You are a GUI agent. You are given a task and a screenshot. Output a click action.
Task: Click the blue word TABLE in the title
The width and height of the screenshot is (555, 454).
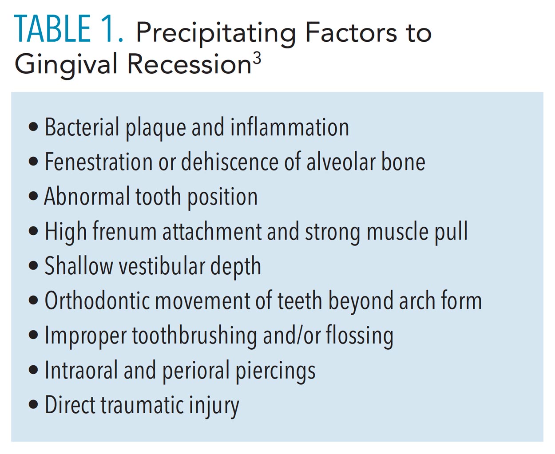click(52, 29)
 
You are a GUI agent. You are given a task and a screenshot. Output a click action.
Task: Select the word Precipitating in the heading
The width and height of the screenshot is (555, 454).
click(216, 33)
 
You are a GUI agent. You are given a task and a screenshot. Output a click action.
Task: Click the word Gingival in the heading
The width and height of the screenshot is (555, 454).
click(66, 64)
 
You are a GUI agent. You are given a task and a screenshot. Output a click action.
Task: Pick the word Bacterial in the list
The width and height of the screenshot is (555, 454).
click(82, 127)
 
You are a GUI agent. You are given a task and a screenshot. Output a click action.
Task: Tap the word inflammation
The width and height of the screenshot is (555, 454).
click(289, 127)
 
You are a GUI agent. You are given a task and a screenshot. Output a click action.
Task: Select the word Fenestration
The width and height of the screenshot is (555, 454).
click(99, 162)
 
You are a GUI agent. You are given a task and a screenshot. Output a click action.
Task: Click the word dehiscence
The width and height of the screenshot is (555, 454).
click(230, 162)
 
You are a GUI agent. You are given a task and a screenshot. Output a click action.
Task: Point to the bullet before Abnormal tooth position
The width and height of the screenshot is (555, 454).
click(33, 196)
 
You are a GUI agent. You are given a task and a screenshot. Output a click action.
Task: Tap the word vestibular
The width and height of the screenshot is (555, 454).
click(162, 266)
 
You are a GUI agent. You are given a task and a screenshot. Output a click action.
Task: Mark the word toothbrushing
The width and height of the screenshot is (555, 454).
click(194, 336)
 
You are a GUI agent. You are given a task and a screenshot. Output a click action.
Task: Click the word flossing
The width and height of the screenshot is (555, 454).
click(359, 336)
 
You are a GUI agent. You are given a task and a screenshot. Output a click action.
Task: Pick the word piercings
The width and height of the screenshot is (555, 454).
click(275, 370)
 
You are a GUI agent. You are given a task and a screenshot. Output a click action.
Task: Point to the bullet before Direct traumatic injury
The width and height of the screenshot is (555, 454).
click(33, 404)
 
